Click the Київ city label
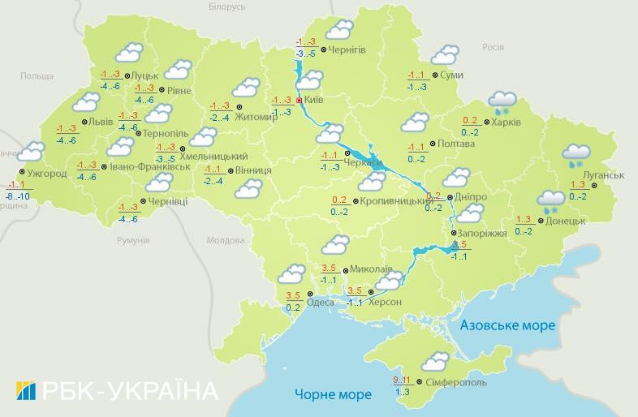tap(317, 101)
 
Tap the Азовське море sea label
tap(507, 325)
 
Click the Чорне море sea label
tap(333, 395)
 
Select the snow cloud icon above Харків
tap(502, 101)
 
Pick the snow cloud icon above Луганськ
tap(576, 153)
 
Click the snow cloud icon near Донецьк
tap(551, 200)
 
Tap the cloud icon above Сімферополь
tap(435, 361)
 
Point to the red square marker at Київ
tap(299, 101)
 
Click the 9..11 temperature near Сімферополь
tap(401, 380)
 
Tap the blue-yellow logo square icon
tap(26, 391)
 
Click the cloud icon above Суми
tap(445, 54)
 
